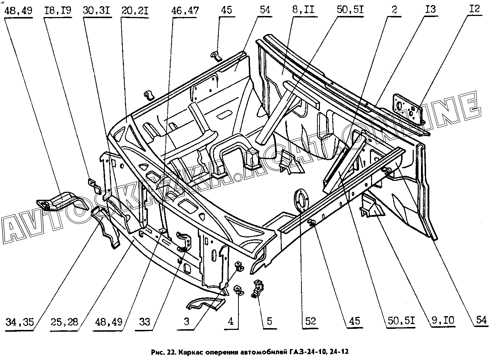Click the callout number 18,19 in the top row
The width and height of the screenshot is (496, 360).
58,11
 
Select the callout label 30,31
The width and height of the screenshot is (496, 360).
96,11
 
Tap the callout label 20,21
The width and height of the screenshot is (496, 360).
135,11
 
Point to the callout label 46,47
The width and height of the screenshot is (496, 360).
185,11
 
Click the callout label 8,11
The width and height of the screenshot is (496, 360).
303,10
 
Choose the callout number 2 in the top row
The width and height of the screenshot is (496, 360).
394,10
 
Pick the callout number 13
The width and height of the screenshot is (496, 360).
430,9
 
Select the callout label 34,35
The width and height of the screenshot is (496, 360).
20,322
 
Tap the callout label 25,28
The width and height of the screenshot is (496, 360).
64,322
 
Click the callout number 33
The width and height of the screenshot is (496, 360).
145,322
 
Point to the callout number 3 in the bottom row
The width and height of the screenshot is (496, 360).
187,322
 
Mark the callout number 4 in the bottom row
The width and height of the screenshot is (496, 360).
230,321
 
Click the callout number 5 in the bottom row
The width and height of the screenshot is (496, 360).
269,321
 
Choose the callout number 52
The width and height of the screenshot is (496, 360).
310,321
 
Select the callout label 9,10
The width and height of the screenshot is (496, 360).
443,320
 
